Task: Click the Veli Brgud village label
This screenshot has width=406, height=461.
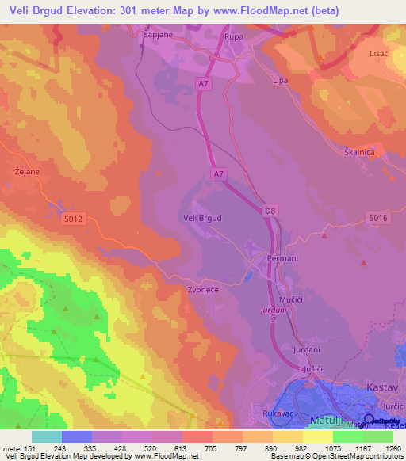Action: point(202,217)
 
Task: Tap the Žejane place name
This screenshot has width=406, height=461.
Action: point(27,169)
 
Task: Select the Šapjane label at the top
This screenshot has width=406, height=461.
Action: point(158,36)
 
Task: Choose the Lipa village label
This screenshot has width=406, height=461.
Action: point(280,81)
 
